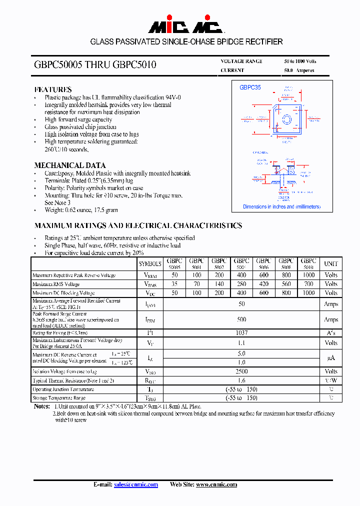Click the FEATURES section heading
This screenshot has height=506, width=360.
[x=52, y=89]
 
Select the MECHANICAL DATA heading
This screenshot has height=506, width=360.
[x=69, y=165]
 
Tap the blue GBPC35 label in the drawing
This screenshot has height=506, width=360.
[x=250, y=87]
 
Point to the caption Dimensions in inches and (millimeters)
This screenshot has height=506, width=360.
[x=281, y=206]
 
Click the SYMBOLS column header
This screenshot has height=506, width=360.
[x=150, y=263]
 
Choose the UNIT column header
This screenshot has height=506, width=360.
[x=331, y=263]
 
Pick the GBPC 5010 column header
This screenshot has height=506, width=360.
[x=308, y=263]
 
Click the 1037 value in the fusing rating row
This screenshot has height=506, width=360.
[x=241, y=332]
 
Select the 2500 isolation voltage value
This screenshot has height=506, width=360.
[x=241, y=371]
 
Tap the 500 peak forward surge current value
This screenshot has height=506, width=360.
[x=241, y=319]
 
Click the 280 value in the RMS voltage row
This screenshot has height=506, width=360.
[x=241, y=284]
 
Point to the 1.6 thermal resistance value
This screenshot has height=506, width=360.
[x=241, y=380]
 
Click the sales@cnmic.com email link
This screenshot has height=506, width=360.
[x=135, y=484]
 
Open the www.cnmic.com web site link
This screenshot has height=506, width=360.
[x=216, y=484]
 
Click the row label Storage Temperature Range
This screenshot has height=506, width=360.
[x=59, y=398]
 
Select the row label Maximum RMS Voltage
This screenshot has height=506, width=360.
[x=56, y=284]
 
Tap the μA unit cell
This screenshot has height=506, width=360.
[x=331, y=357]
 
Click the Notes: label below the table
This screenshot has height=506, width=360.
[x=42, y=406]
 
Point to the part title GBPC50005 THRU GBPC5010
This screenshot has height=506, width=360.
[x=95, y=64]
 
